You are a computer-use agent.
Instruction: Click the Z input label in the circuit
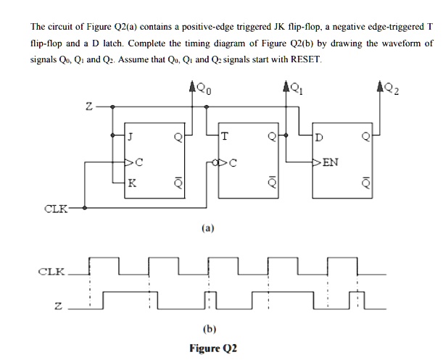pos(87,106)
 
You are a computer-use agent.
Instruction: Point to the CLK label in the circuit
pos(57,209)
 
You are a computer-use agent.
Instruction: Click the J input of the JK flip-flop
pos(131,135)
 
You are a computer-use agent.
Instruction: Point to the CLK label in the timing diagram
pos(51,274)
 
